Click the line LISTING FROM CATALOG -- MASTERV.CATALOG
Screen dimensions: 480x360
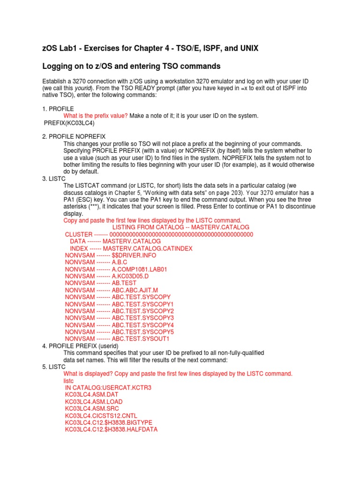(181, 227)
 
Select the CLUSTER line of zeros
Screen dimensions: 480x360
(158, 234)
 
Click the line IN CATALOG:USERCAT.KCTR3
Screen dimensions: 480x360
(108, 388)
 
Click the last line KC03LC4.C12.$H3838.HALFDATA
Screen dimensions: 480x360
(111, 429)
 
